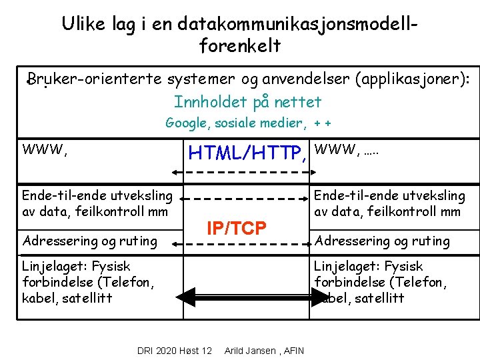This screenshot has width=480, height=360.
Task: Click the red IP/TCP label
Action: [x=237, y=228]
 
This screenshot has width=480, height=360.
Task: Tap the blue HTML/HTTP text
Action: [x=248, y=154]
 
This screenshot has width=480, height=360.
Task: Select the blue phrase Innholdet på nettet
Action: [x=247, y=102]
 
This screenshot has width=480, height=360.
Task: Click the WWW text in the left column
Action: [x=45, y=149]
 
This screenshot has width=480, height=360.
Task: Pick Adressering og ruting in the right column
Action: [x=382, y=241]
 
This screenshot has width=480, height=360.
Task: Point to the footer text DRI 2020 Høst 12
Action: [x=174, y=351]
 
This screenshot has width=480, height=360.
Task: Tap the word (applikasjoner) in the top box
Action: [x=413, y=80]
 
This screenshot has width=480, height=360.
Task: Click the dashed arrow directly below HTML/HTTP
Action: [x=238, y=173]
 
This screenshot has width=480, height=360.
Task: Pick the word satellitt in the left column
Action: [x=84, y=297]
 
